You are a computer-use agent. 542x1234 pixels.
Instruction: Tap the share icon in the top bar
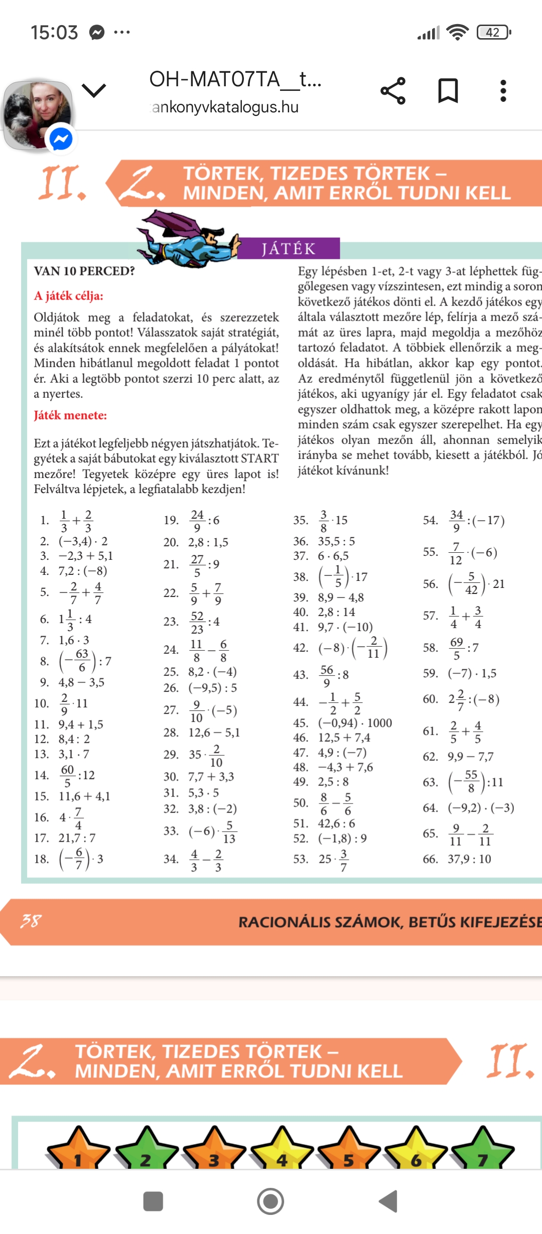393,91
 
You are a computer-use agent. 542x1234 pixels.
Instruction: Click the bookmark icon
448,91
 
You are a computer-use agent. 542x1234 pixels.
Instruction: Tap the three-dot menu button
503,91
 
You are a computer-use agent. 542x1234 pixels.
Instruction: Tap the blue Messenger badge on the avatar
61,138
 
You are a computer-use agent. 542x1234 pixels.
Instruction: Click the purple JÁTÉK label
288,248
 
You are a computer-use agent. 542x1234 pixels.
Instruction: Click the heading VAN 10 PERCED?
84,271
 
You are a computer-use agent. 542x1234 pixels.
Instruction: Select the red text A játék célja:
69,296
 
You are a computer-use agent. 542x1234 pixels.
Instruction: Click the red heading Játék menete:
70,415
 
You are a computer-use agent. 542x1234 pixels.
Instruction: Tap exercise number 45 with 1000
355,723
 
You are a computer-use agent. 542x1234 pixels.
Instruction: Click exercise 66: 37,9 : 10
469,859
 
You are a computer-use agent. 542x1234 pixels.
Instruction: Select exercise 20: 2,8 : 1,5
208,542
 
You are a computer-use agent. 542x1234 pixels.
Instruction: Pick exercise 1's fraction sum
76,521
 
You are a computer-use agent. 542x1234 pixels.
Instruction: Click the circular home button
270,1201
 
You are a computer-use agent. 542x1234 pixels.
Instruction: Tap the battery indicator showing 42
493,33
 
